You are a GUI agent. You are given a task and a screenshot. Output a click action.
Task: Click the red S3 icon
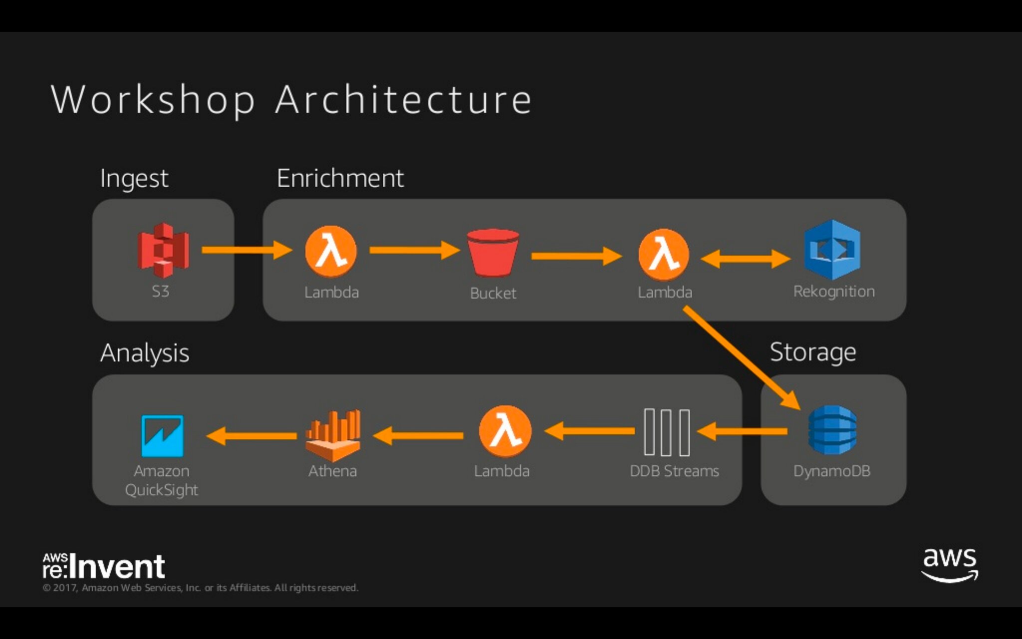click(163, 250)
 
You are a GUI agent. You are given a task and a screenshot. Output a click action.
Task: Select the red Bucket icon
click(493, 253)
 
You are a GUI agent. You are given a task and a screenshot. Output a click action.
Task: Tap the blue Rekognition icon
click(832, 250)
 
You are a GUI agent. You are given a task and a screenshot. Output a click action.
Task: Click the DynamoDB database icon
click(832, 430)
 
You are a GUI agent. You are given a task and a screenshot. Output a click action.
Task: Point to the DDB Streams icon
click(667, 432)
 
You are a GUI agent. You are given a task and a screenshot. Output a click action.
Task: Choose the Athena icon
click(333, 435)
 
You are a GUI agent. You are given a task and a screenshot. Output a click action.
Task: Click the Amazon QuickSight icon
click(162, 436)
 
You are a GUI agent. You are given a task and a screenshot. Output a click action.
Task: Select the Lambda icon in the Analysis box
click(505, 431)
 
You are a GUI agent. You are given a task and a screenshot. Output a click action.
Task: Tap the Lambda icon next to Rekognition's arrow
click(664, 255)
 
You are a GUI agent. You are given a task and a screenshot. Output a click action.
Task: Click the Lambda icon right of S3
click(331, 251)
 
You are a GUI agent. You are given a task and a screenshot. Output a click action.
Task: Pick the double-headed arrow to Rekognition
click(746, 259)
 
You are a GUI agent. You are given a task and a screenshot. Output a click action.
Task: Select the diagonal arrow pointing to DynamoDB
click(742, 358)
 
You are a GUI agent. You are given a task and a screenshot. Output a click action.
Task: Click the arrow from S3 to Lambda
click(247, 250)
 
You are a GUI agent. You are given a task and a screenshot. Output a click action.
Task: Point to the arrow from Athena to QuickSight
click(251, 436)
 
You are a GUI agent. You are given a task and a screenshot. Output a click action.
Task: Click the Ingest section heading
click(134, 179)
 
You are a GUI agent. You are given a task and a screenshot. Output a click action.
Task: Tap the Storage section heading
click(813, 352)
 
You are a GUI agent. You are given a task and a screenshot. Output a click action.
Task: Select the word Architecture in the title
click(403, 99)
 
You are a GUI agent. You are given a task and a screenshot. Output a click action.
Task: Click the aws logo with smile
click(950, 565)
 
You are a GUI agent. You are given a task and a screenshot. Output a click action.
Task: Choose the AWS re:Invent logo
click(104, 566)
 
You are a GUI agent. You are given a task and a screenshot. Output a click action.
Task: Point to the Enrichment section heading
click(340, 178)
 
